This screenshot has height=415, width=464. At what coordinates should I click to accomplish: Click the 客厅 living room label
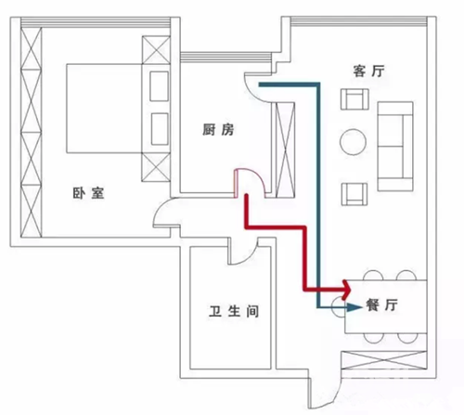coord(368,71)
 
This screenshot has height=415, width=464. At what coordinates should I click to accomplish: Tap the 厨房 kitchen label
coord(218,129)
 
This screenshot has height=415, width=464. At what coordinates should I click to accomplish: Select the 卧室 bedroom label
coord(88,193)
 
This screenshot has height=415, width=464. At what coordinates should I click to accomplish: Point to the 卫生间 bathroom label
coord(234,311)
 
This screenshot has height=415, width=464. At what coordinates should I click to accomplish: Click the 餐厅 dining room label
coord(381,305)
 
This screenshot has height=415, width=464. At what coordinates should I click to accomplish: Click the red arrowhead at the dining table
coord(346,290)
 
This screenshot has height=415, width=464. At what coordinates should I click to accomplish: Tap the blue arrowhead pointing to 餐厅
coord(354,307)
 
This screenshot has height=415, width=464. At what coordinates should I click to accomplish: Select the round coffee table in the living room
coord(353,142)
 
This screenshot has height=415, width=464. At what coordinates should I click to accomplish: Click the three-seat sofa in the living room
coord(395,146)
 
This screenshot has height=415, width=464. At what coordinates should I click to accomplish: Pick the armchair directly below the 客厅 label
coord(354,99)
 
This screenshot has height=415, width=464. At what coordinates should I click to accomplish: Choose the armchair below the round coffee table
coord(354,194)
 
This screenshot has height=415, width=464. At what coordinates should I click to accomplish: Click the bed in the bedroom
coord(118,109)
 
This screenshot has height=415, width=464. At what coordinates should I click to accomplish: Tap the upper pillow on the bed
coord(160,86)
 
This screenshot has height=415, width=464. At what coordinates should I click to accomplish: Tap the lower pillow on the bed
coord(160,129)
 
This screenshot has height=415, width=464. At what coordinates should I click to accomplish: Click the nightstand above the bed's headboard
coord(156,50)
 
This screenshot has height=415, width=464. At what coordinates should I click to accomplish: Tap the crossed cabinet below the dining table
coord(384,360)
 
